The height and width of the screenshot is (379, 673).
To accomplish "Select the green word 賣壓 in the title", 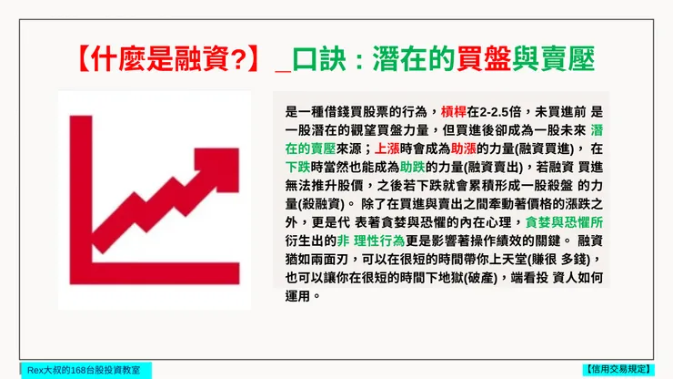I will [566, 60].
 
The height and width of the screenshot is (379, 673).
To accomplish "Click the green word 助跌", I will [413, 167].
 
